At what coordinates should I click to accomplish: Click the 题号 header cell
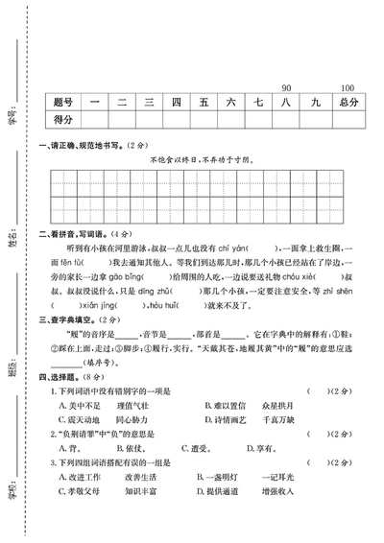pyautogui.click(x=64, y=101)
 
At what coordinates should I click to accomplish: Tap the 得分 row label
pyautogui.click(x=64, y=119)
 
